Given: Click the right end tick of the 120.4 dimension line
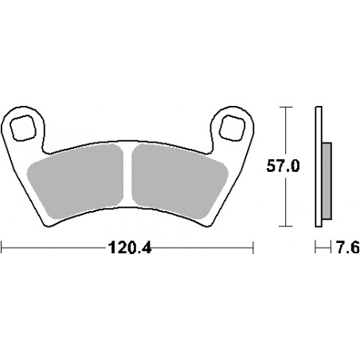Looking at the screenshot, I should click(252, 248).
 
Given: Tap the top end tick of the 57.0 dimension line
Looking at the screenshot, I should click(284, 106).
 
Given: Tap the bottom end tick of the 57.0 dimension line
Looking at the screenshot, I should click(284, 227).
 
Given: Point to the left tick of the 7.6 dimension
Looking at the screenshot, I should click(315, 248).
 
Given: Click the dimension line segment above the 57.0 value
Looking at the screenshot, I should click(284, 131).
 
